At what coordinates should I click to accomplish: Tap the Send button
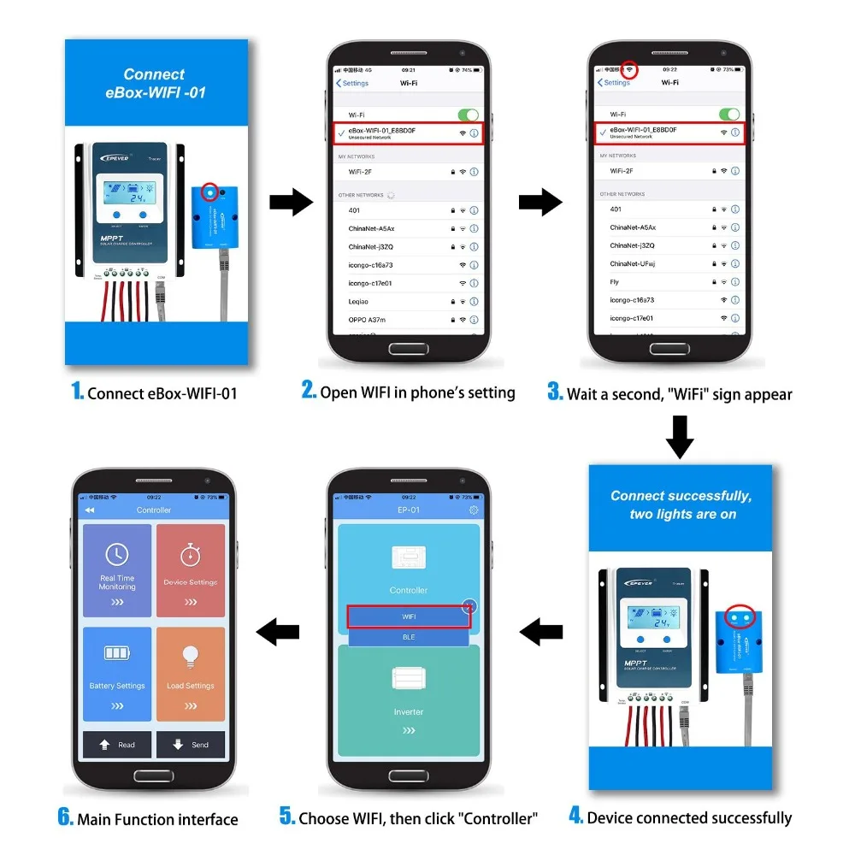tap(190, 745)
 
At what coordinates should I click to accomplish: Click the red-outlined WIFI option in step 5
tap(409, 616)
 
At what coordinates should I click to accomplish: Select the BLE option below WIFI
tap(409, 637)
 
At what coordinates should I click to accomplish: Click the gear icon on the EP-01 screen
tap(475, 510)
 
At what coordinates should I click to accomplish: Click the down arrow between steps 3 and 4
tap(680, 436)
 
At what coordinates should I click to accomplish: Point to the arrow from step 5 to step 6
tap(279, 633)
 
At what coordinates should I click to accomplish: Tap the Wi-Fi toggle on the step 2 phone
tap(468, 115)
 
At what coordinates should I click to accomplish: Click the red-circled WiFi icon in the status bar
tap(629, 68)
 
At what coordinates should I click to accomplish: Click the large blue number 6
tap(66, 817)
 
